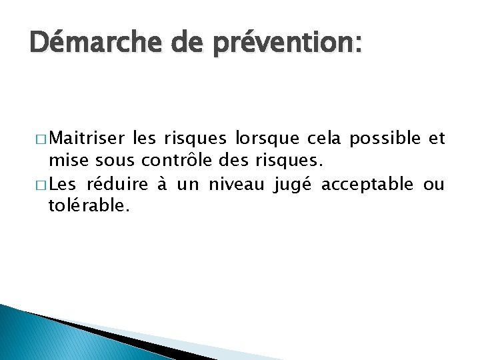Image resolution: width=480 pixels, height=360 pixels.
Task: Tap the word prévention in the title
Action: (283, 45)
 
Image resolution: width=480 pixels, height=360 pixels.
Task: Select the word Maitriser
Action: (87, 138)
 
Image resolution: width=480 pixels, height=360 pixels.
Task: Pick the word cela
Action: (324, 138)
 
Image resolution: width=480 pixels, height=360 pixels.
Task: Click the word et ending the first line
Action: (437, 138)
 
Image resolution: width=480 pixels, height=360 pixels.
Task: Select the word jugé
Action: (294, 183)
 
